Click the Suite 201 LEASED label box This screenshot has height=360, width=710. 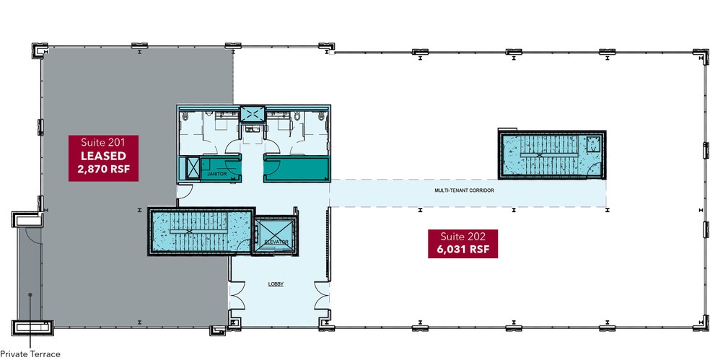pyautogui.click(x=102, y=156)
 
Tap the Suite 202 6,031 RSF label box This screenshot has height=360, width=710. pyautogui.click(x=462, y=243)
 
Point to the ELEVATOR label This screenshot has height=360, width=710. pyautogui.click(x=276, y=241)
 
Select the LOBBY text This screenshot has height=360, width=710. pyautogui.click(x=276, y=284)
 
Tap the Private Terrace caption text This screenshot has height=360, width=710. pyautogui.click(x=30, y=354)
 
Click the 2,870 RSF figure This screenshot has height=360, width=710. pyautogui.click(x=102, y=170)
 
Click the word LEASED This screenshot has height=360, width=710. pyautogui.click(x=102, y=156)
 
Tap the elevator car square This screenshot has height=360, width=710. pyautogui.click(x=271, y=235)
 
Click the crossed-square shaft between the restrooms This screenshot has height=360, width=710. pyautogui.click(x=253, y=115)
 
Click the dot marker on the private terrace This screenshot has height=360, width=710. pyautogui.click(x=30, y=295)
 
